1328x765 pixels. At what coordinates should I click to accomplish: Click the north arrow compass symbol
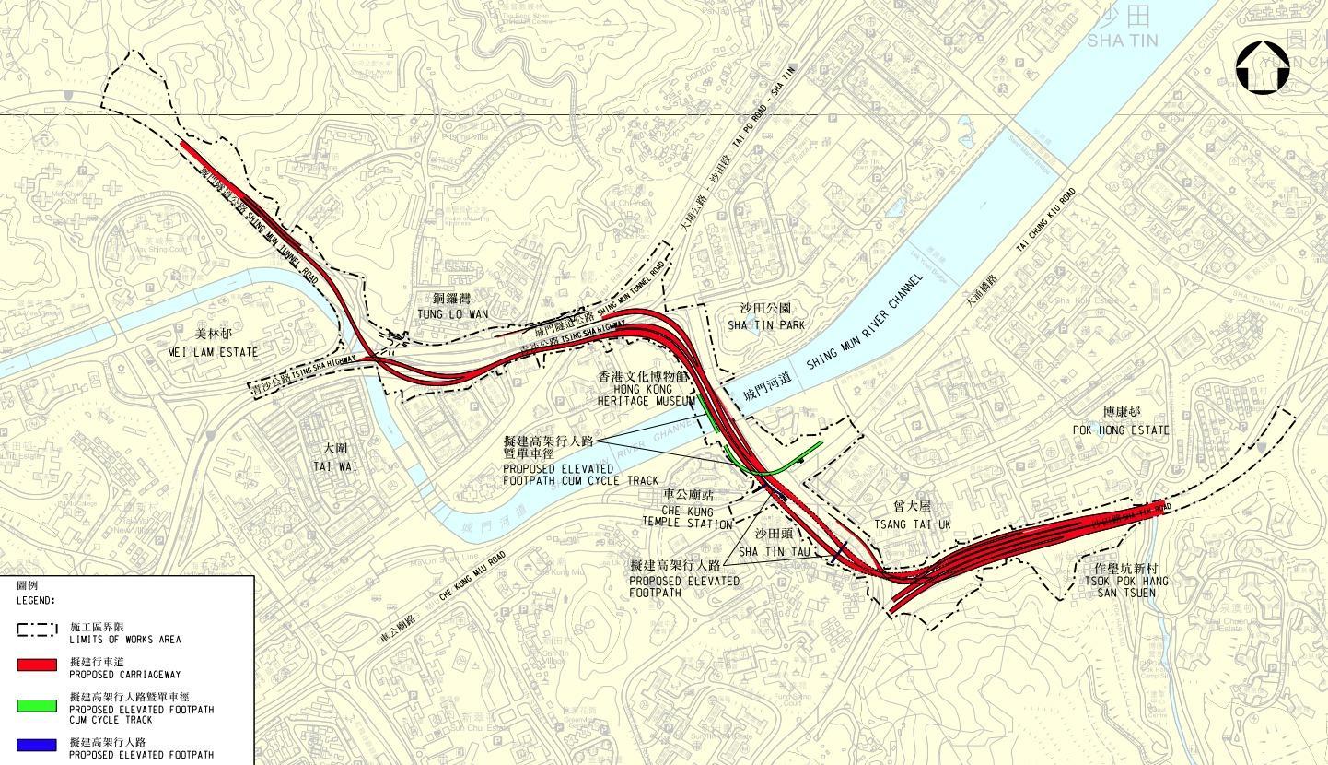pos(1262,68)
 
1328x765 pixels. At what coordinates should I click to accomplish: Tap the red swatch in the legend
pos(37,665)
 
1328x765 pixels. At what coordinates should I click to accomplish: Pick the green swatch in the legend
pos(37,706)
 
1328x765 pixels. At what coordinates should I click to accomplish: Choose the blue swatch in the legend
pos(37,745)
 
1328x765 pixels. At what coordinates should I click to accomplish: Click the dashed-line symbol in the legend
pos(37,630)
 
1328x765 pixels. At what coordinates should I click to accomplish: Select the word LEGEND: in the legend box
pos(36,600)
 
